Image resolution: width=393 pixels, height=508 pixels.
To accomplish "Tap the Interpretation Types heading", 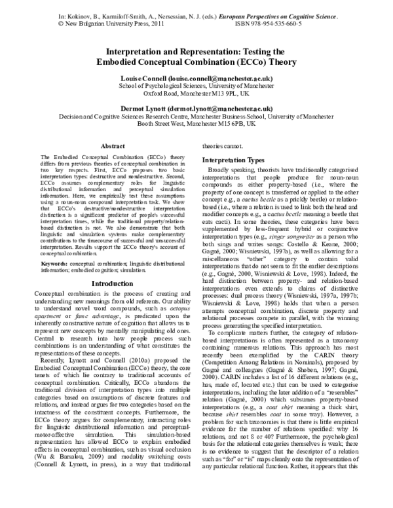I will [x=233, y=159].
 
